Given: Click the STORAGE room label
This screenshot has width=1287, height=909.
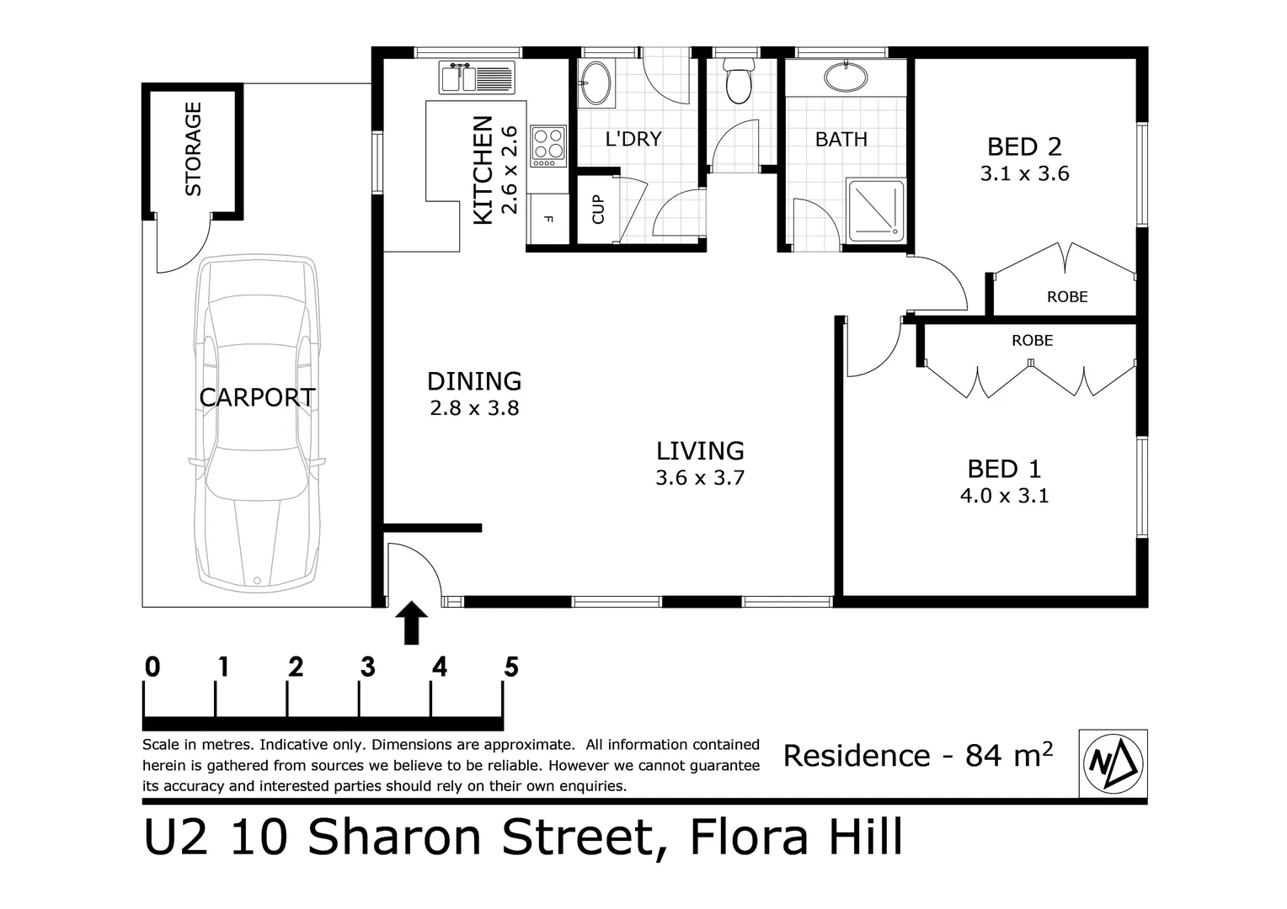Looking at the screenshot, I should pyautogui.click(x=193, y=149).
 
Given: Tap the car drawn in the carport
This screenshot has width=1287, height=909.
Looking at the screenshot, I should pyautogui.click(x=258, y=421).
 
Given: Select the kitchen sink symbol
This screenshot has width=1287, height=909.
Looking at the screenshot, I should pyautogui.click(x=476, y=78).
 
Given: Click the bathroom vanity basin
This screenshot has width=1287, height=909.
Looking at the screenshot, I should pyautogui.click(x=846, y=78).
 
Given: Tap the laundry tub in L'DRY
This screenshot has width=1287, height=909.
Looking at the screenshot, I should pyautogui.click(x=597, y=82).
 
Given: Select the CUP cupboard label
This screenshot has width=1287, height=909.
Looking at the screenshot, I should pyautogui.click(x=598, y=209).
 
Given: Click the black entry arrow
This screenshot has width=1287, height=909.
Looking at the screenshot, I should pyautogui.click(x=412, y=622).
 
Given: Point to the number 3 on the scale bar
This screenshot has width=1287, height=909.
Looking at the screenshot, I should pyautogui.click(x=367, y=667).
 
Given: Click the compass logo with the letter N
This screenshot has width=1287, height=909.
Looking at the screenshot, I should pyautogui.click(x=1113, y=763).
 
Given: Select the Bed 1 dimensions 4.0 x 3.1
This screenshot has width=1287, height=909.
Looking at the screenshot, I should pyautogui.click(x=1004, y=496).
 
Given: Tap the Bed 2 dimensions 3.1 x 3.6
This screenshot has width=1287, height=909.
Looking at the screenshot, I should pyautogui.click(x=1024, y=174).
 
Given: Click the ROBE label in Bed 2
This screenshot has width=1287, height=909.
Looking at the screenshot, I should pyautogui.click(x=1067, y=296).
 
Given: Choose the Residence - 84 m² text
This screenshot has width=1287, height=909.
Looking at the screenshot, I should pyautogui.click(x=917, y=755).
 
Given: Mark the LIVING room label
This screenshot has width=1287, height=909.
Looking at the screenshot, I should pyautogui.click(x=700, y=450).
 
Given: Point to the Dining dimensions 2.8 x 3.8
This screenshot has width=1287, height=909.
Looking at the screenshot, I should pyautogui.click(x=474, y=408).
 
